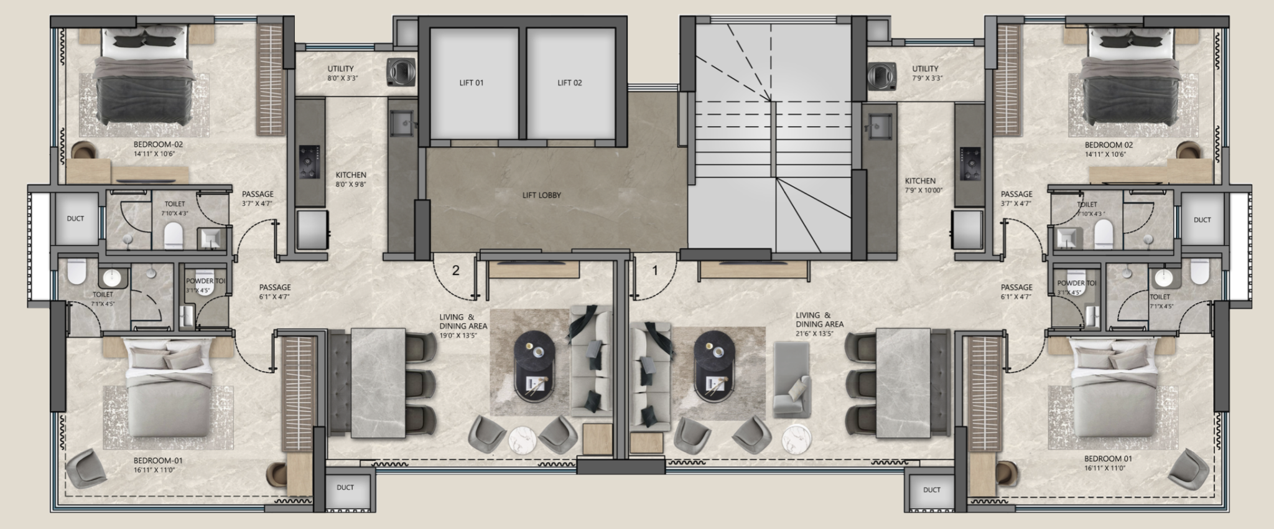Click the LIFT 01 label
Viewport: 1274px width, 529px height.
point(471,83)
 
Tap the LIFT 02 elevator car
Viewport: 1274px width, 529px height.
point(570,83)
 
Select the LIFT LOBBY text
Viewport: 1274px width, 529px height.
point(541,195)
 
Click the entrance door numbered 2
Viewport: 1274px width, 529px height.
point(455,271)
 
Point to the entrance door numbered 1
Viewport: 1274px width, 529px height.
point(654,271)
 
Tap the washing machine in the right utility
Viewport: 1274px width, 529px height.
point(881,75)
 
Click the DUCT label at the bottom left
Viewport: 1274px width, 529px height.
point(345,487)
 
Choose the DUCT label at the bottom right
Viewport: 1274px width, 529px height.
point(931,490)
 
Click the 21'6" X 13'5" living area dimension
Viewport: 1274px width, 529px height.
point(819,334)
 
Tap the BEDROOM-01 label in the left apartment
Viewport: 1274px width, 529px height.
point(157,461)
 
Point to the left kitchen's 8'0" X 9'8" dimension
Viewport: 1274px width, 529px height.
point(351,184)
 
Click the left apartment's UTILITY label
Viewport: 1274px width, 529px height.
point(340,69)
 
